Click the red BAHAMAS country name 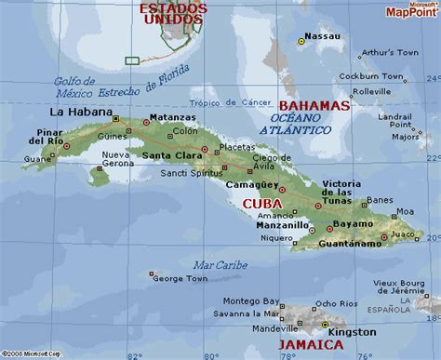coord(312,106)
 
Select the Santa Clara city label coord(176,154)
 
